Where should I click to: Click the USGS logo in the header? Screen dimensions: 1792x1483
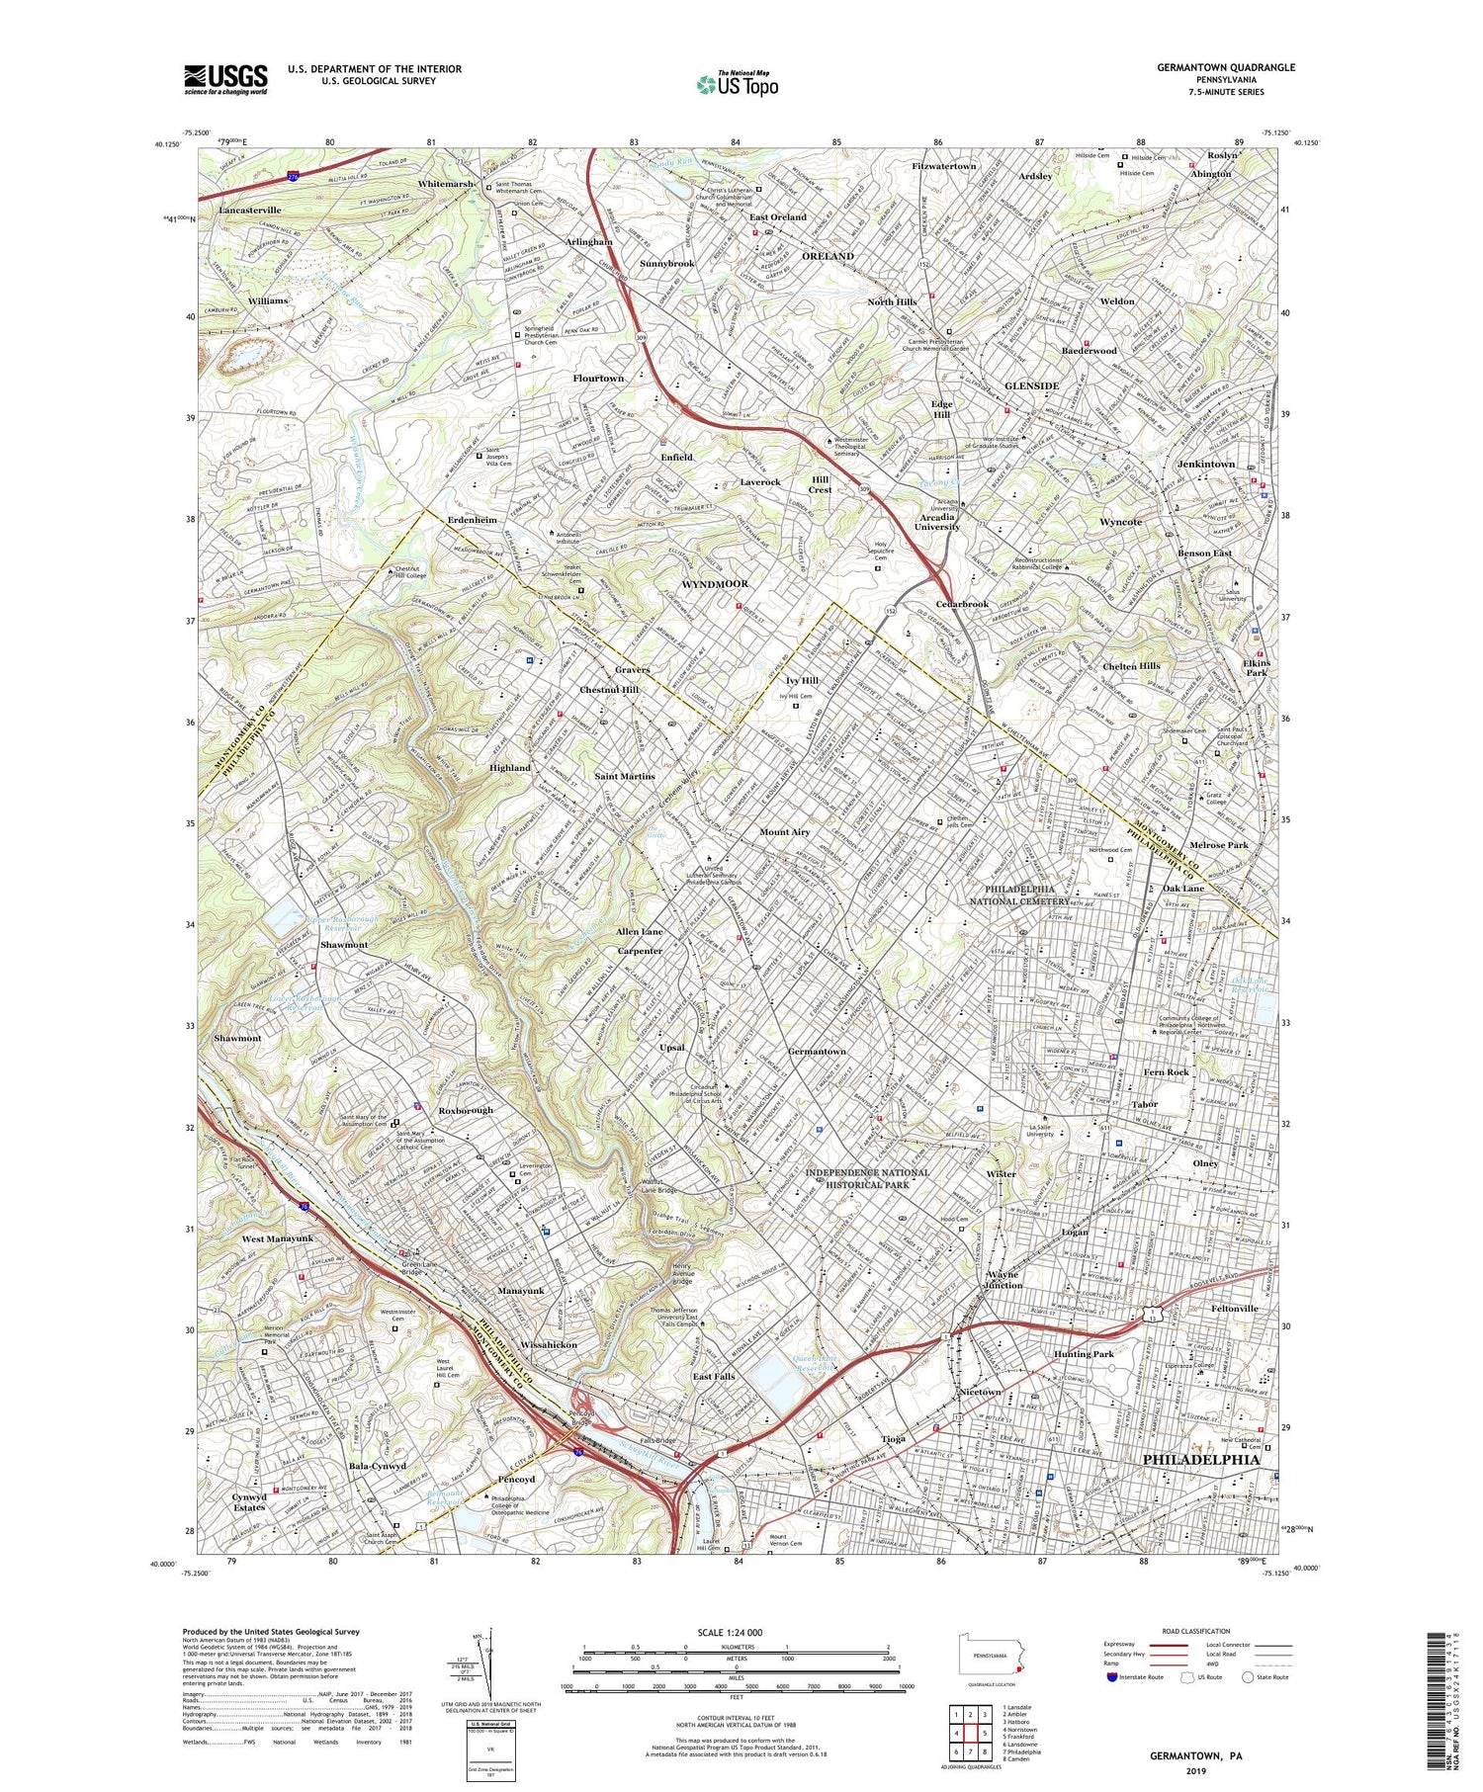coord(225,79)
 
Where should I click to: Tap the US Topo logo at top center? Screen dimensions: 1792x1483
coord(737,84)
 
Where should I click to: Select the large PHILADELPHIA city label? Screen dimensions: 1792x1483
coord(1201,1459)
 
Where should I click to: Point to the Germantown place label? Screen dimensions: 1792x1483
coord(817,1051)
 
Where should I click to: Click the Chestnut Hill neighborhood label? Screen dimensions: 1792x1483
coord(609,689)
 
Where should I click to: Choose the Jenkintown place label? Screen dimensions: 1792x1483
coord(1205,464)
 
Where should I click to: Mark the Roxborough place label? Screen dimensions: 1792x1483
coord(466,1110)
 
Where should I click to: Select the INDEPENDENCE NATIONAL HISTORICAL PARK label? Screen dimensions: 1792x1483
coord(867,1178)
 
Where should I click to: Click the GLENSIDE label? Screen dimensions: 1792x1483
coord(1031,385)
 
